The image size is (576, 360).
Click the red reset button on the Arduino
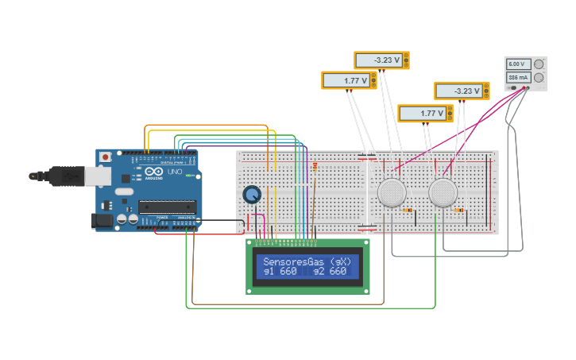click(104, 157)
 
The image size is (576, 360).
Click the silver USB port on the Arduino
click(98, 176)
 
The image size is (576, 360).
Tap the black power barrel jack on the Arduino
click(102, 220)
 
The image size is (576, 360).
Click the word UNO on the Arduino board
click(174, 172)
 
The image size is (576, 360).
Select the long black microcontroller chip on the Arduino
click(167, 207)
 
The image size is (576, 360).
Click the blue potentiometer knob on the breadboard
click(252, 195)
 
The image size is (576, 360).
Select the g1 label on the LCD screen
click(269, 272)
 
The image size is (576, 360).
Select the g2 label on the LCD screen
click(319, 272)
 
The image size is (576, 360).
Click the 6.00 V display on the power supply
click(516, 64)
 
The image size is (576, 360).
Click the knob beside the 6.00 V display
click(539, 64)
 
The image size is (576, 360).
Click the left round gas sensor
click(392, 193)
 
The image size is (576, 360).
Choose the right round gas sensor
click(443, 193)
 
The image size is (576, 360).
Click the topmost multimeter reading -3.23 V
click(380, 60)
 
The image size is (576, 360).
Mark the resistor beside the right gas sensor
click(458, 211)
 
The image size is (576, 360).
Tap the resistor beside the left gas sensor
click(408, 211)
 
